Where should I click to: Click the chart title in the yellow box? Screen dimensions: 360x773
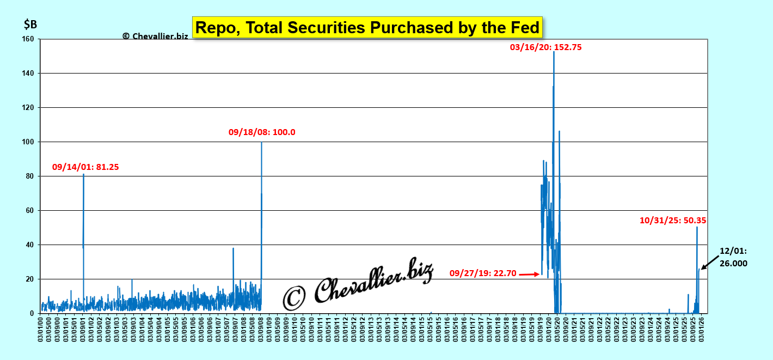pyautogui.click(x=367, y=27)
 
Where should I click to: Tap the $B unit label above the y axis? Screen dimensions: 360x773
pyautogui.click(x=30, y=25)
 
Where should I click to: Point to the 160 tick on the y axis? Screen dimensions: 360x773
pyautogui.click(x=28, y=39)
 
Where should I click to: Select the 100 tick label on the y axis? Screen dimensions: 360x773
pyautogui.click(x=28, y=142)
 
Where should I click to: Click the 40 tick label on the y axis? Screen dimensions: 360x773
pyautogui.click(x=29, y=245)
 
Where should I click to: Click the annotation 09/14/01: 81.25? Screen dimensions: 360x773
pyautogui.click(x=85, y=168)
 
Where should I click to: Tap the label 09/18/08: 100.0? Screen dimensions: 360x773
pyautogui.click(x=262, y=132)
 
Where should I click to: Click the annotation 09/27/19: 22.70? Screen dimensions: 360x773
pyautogui.click(x=482, y=273)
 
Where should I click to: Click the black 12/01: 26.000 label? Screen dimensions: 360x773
pyautogui.click(x=733, y=257)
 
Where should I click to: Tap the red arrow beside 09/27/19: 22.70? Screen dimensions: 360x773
pyautogui.click(x=529, y=274)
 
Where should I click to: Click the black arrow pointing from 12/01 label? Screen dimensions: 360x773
pyautogui.click(x=709, y=261)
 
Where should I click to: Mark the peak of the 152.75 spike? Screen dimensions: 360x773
pyautogui.click(x=554, y=52)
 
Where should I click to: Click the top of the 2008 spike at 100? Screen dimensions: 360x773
pyautogui.click(x=261, y=142)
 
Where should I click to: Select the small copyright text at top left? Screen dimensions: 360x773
pyautogui.click(x=155, y=36)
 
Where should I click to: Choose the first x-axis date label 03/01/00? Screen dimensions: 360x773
pyautogui.click(x=41, y=330)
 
